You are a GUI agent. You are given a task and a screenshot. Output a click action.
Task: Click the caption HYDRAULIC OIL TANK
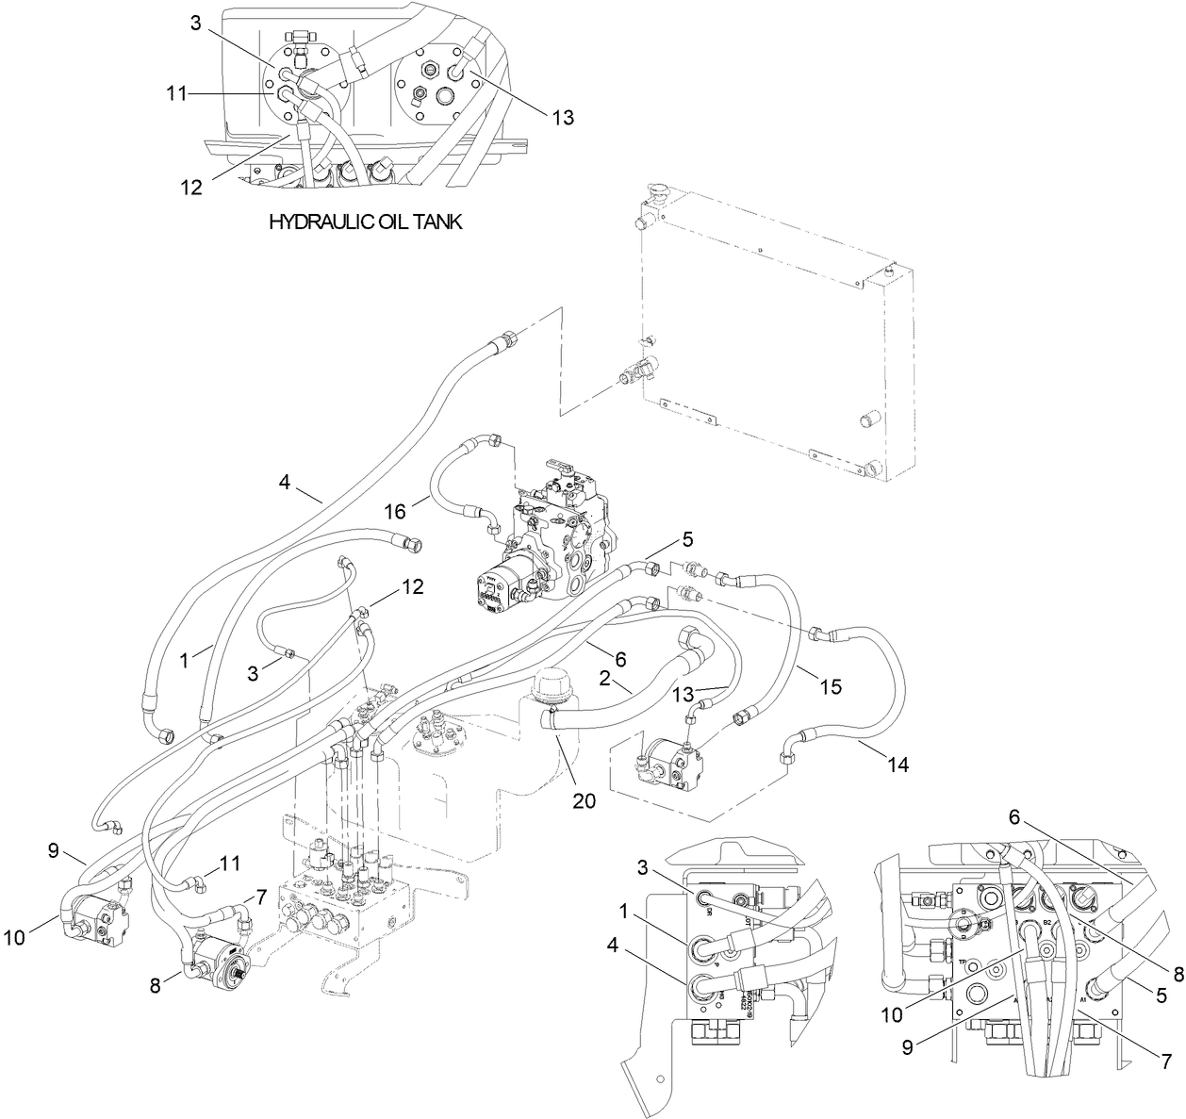click(x=365, y=222)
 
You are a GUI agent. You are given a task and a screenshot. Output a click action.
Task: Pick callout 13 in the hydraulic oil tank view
click(x=561, y=117)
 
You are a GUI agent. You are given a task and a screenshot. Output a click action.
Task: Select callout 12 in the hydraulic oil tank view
click(x=191, y=187)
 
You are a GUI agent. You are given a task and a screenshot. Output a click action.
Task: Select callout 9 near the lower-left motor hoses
click(x=56, y=851)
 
